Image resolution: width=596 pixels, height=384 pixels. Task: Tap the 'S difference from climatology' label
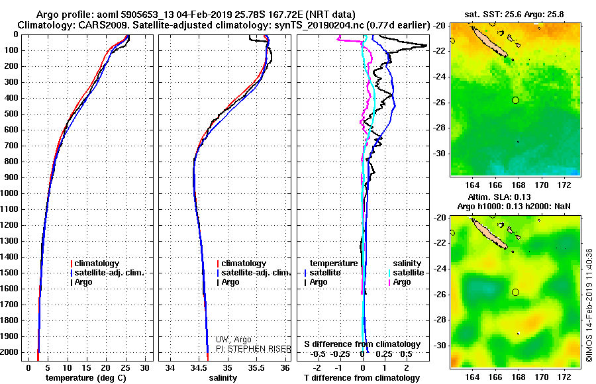tap(362, 344)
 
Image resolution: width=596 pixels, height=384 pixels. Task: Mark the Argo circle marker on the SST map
tap(516, 100)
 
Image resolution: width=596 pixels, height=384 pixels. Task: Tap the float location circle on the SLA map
tap(516, 292)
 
